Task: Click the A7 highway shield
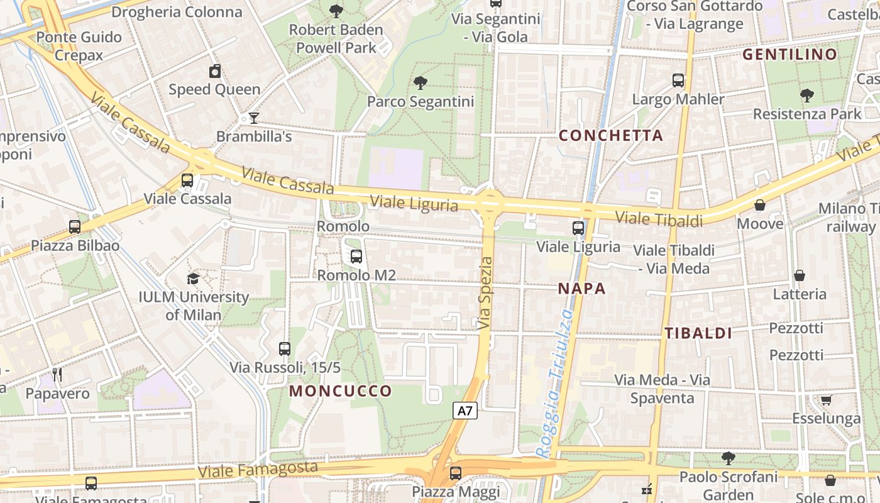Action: tap(465, 411)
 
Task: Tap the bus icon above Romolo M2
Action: tap(356, 257)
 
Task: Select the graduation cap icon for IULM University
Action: tap(194, 279)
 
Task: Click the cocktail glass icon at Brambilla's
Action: tap(253, 118)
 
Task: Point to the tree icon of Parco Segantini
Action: tap(420, 83)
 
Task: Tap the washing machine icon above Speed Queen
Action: tap(215, 71)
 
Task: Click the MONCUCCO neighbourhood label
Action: tap(341, 391)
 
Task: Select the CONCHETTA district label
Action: tap(611, 135)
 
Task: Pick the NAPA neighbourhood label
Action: tap(582, 289)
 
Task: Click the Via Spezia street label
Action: tap(485, 293)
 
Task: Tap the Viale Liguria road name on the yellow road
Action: tap(414, 204)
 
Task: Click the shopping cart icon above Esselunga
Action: tap(826, 401)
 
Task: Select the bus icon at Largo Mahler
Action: tap(678, 80)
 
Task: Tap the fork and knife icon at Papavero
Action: tap(57, 375)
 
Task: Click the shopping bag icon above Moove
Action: tap(760, 205)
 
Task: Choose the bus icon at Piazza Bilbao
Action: tap(75, 227)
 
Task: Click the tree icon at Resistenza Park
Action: tap(807, 96)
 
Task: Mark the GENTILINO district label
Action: tap(790, 55)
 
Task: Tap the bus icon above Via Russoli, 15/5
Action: tap(285, 349)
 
